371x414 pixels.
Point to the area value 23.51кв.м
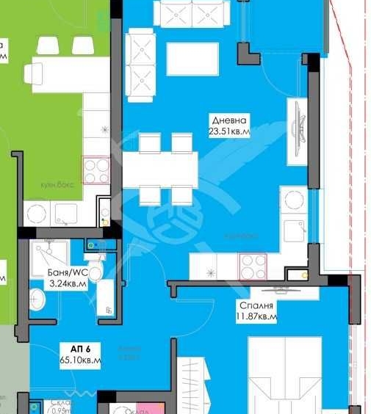229,132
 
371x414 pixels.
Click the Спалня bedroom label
256,305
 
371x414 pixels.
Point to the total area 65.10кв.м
80,360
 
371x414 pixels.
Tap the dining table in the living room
159,169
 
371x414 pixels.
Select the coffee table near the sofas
192,59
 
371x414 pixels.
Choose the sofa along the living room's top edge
192,13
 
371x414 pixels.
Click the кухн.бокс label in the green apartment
57,187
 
